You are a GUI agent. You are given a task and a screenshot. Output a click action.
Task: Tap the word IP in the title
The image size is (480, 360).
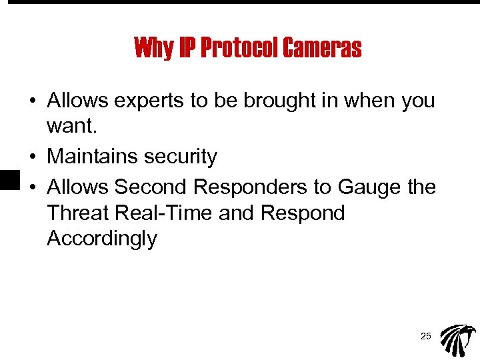click(x=186, y=48)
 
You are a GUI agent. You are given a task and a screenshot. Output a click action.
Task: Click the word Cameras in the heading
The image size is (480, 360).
click(x=322, y=48)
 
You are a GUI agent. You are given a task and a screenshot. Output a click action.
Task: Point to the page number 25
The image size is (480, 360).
click(x=425, y=337)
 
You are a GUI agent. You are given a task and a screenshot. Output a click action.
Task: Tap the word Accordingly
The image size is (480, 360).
click(x=102, y=239)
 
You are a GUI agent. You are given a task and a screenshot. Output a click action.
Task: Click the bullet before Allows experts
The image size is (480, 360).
click(x=33, y=102)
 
